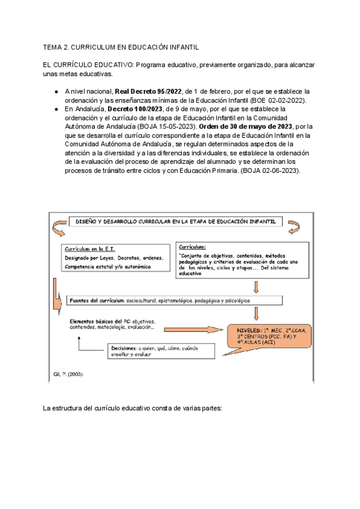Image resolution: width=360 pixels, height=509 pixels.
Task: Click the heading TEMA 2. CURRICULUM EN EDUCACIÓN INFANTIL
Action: point(121,47)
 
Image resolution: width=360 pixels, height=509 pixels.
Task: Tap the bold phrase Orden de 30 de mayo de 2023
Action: point(255,127)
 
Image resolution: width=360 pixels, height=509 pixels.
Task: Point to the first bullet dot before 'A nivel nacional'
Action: point(56,92)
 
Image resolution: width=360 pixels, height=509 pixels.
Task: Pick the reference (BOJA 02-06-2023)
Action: point(265,171)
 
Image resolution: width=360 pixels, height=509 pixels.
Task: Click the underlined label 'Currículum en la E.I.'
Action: point(89,248)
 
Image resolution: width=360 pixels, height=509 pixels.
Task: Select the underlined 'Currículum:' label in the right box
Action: point(193,247)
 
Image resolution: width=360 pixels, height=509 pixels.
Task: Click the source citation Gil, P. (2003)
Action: point(65,375)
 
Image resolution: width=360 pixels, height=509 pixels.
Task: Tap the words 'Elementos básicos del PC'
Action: point(96,320)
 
